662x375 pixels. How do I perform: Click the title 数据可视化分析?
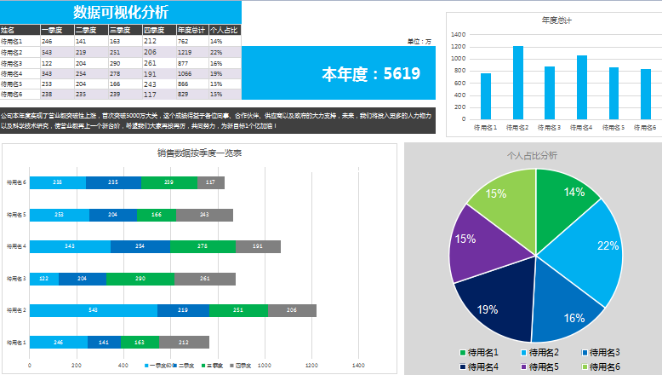coord(121,12)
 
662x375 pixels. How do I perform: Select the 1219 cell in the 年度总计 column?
coord(182,52)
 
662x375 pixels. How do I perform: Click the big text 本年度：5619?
coord(370,74)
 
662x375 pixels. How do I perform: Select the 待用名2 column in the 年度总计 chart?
coord(518,82)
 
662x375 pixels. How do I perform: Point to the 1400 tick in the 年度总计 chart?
coord(458,35)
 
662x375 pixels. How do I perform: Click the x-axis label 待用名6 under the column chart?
coord(645,127)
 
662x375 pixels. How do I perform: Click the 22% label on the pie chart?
coord(608,246)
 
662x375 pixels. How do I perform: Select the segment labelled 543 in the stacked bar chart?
coord(94,310)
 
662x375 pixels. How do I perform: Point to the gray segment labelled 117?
coord(210,182)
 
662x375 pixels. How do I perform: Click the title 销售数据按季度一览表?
coord(200,153)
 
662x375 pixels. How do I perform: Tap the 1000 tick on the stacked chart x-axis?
coord(265,366)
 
